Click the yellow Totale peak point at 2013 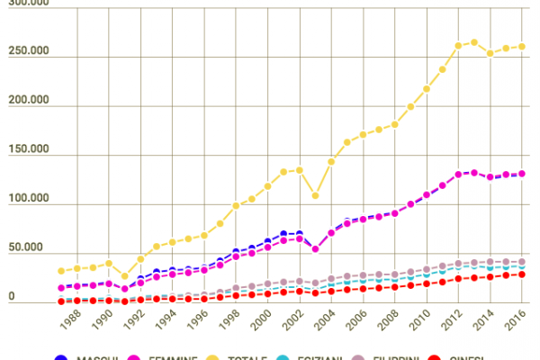click(474, 41)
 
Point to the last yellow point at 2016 click(522, 47)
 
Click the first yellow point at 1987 click(61, 271)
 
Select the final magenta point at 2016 click(522, 174)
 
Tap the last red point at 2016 click(522, 274)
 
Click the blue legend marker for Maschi click(62, 357)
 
